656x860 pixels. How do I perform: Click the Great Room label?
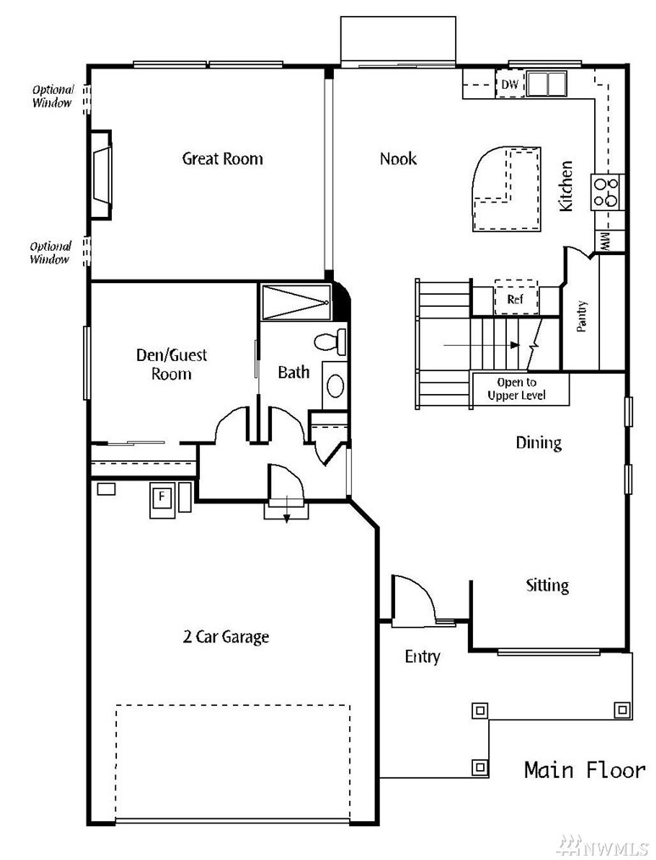pyautogui.click(x=222, y=158)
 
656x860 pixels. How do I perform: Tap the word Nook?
pyautogui.click(x=397, y=158)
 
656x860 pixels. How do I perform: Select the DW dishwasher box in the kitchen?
pyautogui.click(x=509, y=85)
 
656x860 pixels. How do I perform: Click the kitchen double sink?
pyautogui.click(x=547, y=85)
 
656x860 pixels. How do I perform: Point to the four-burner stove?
pyautogui.click(x=608, y=191)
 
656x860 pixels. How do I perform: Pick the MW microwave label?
pyautogui.click(x=606, y=241)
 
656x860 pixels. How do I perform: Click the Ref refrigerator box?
pyautogui.click(x=515, y=298)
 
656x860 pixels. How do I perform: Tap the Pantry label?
pyautogui.click(x=582, y=316)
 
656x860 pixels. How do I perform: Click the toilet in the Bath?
pyautogui.click(x=330, y=342)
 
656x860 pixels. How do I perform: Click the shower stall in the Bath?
pyautogui.click(x=295, y=302)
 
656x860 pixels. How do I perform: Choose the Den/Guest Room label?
pyautogui.click(x=171, y=364)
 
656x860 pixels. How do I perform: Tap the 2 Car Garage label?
pyautogui.click(x=225, y=636)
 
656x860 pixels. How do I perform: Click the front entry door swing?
pyautogui.click(x=414, y=600)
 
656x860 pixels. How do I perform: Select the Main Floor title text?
pyautogui.click(x=584, y=769)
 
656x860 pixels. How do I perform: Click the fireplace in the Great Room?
pyautogui.click(x=101, y=175)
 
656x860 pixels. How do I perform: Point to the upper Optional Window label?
pyautogui.click(x=53, y=96)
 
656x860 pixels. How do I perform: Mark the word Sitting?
pyautogui.click(x=547, y=585)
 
